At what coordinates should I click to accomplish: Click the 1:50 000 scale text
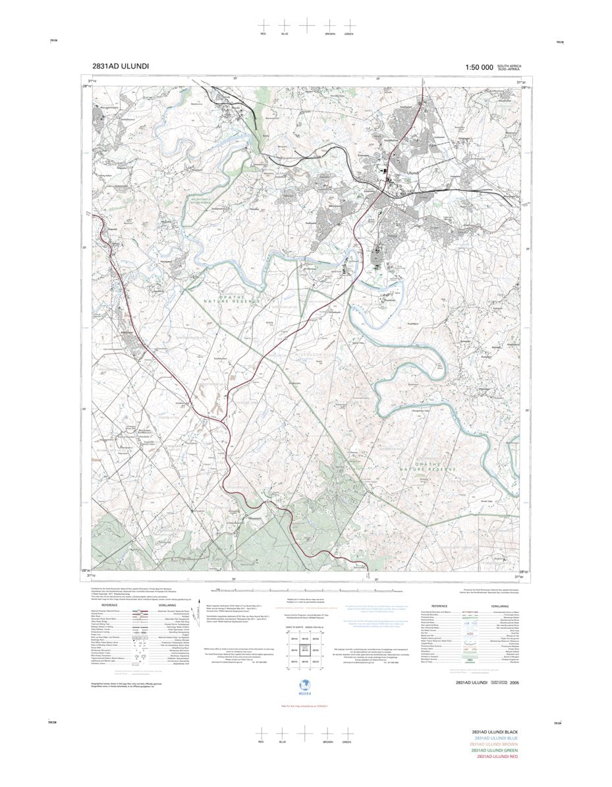pyautogui.click(x=479, y=67)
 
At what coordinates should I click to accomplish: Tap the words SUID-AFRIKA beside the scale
pyautogui.click(x=509, y=69)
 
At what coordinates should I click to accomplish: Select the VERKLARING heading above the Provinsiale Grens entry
pyautogui.click(x=503, y=606)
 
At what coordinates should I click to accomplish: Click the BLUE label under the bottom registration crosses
pyautogui.click(x=284, y=742)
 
